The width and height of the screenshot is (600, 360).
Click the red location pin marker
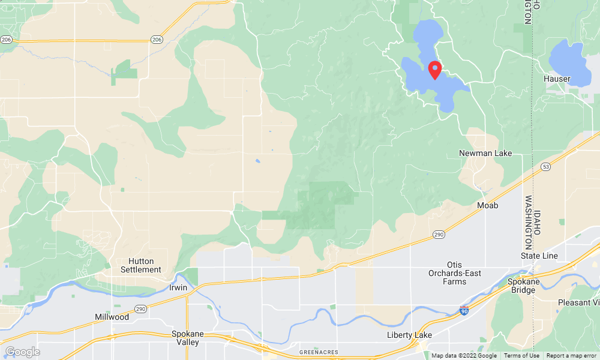coord(436,70)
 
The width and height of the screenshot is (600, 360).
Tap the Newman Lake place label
coord(485,153)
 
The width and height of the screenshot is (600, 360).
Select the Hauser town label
coord(556,79)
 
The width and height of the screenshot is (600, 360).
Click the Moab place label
coord(487,206)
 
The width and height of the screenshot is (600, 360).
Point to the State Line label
coord(539,256)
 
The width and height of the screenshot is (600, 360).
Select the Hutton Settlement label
coord(145,265)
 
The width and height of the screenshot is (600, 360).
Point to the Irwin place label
coord(178,287)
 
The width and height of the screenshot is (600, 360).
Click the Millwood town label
coord(112,317)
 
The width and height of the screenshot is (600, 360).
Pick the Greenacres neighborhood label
coord(319,352)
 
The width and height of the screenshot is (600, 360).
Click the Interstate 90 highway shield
coord(464,310)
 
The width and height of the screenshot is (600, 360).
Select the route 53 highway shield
coord(545,166)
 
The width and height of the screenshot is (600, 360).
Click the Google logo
coord(22,352)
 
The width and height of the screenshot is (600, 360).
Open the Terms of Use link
coord(521,356)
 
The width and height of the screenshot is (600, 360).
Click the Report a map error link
coord(571,356)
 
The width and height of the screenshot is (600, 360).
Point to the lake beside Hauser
coord(567,58)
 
